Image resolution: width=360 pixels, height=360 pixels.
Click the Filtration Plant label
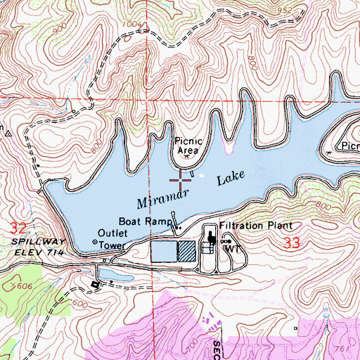[x=255, y=226]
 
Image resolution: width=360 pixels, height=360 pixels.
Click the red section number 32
[x=19, y=228]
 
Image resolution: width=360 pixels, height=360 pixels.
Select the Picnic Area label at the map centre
[x=188, y=146]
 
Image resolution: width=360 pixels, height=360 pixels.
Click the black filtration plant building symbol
[x=211, y=240]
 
